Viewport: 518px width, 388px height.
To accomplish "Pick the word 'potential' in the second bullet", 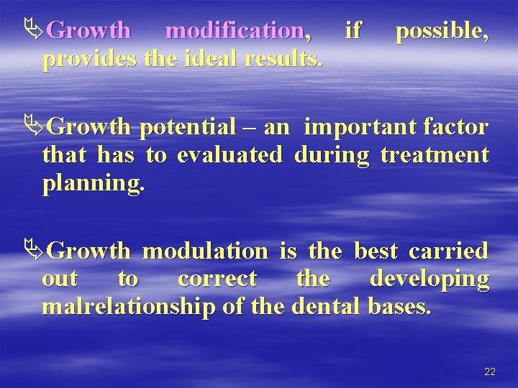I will (x=188, y=128).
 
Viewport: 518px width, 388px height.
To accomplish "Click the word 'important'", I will (x=355, y=128).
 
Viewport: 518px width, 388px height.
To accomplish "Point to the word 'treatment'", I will (x=435, y=155).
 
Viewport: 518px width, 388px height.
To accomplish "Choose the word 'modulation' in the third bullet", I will (x=205, y=251).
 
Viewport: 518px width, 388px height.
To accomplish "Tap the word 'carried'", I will (x=449, y=251).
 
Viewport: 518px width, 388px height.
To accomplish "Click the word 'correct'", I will (x=217, y=279).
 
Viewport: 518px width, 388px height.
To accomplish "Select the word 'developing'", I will (x=430, y=279).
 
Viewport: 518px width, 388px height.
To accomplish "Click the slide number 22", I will (x=490, y=371).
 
